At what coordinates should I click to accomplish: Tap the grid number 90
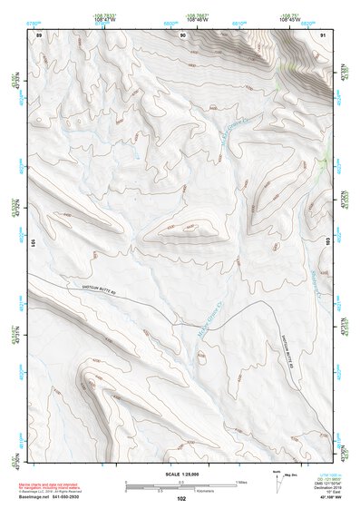pos(183,34)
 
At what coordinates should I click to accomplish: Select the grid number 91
pos(324,34)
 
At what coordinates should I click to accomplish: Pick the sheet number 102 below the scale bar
pos(181,498)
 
